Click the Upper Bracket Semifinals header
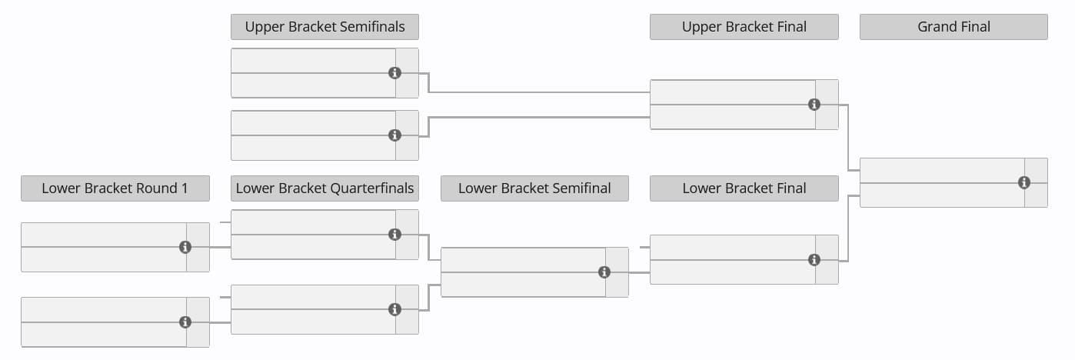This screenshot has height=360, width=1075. click(324, 27)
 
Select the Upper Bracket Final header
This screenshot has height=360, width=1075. click(744, 27)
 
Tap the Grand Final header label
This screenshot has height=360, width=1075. click(954, 27)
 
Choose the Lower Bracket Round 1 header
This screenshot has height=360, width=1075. click(115, 188)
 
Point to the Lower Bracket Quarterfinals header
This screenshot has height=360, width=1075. click(324, 188)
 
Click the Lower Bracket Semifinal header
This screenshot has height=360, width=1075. click(534, 188)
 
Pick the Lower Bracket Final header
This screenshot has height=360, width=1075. click(744, 188)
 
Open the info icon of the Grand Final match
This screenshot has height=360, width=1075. click(1023, 182)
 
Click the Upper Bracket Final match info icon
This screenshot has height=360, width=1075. click(814, 105)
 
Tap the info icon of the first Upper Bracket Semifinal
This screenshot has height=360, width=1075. click(394, 73)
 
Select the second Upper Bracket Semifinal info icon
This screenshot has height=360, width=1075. click(394, 135)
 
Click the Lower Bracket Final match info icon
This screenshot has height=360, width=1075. click(814, 260)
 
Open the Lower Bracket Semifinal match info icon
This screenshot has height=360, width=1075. click(604, 272)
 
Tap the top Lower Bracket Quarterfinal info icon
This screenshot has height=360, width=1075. click(394, 235)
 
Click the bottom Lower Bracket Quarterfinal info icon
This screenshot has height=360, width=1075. click(394, 309)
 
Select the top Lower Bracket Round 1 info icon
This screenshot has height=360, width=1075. click(185, 247)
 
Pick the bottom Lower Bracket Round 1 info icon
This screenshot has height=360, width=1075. click(185, 322)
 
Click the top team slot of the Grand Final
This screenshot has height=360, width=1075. click(942, 171)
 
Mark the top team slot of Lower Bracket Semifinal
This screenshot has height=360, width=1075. click(523, 260)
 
